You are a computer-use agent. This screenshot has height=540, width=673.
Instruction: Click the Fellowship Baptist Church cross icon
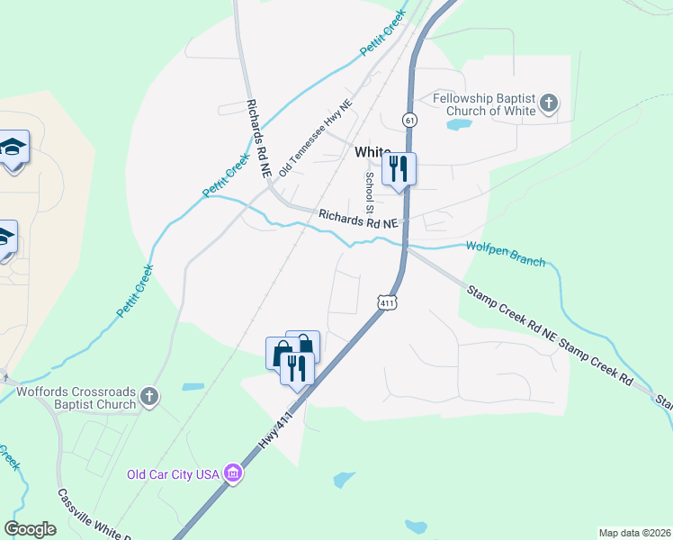[548, 105]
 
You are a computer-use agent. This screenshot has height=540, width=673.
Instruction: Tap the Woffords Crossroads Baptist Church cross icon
[149, 397]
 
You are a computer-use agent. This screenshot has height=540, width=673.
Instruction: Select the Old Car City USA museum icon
[233, 473]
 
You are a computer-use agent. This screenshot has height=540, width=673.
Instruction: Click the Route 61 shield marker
[409, 120]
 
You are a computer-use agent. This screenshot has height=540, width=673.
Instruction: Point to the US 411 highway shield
[387, 303]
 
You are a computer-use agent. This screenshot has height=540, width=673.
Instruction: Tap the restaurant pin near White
[399, 168]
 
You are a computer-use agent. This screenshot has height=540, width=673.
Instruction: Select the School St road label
[368, 186]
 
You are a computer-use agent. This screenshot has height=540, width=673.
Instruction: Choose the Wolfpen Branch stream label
[505, 255]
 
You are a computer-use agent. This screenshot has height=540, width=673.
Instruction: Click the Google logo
[30, 529]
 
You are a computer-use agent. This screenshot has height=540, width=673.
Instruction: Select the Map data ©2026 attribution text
[634, 533]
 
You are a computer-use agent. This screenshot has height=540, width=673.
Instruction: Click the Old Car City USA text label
[174, 474]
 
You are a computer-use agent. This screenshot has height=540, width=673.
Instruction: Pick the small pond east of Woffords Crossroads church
[193, 387]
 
